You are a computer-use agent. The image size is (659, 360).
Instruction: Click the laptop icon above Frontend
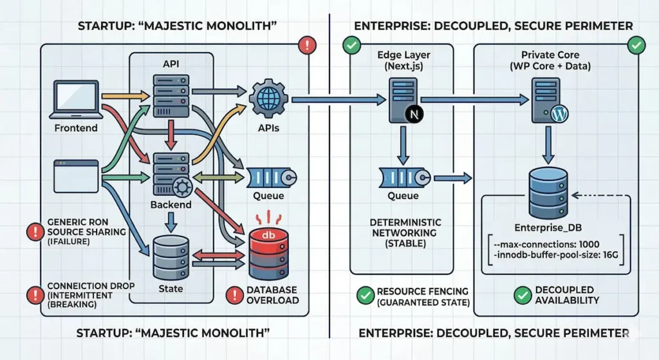75,100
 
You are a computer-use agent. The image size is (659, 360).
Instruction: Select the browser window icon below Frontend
75,173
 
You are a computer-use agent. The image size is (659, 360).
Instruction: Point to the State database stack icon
171,255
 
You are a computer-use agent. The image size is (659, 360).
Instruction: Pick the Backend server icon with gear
171,175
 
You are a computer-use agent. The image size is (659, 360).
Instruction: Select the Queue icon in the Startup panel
271,176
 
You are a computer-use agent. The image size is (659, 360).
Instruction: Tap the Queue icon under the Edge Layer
402,176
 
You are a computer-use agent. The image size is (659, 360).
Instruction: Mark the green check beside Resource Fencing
364,295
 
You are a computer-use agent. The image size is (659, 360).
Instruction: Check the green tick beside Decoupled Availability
523,295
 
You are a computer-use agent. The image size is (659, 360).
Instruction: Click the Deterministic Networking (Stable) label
403,232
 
